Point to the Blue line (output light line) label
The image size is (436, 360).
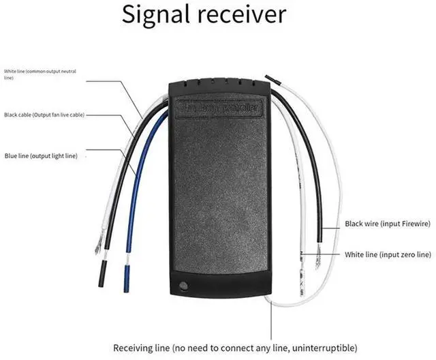pyautogui.click(x=41, y=155)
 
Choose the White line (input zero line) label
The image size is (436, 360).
pyautogui.click(x=388, y=254)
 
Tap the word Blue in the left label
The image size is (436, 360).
pyautogui.click(x=11, y=155)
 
